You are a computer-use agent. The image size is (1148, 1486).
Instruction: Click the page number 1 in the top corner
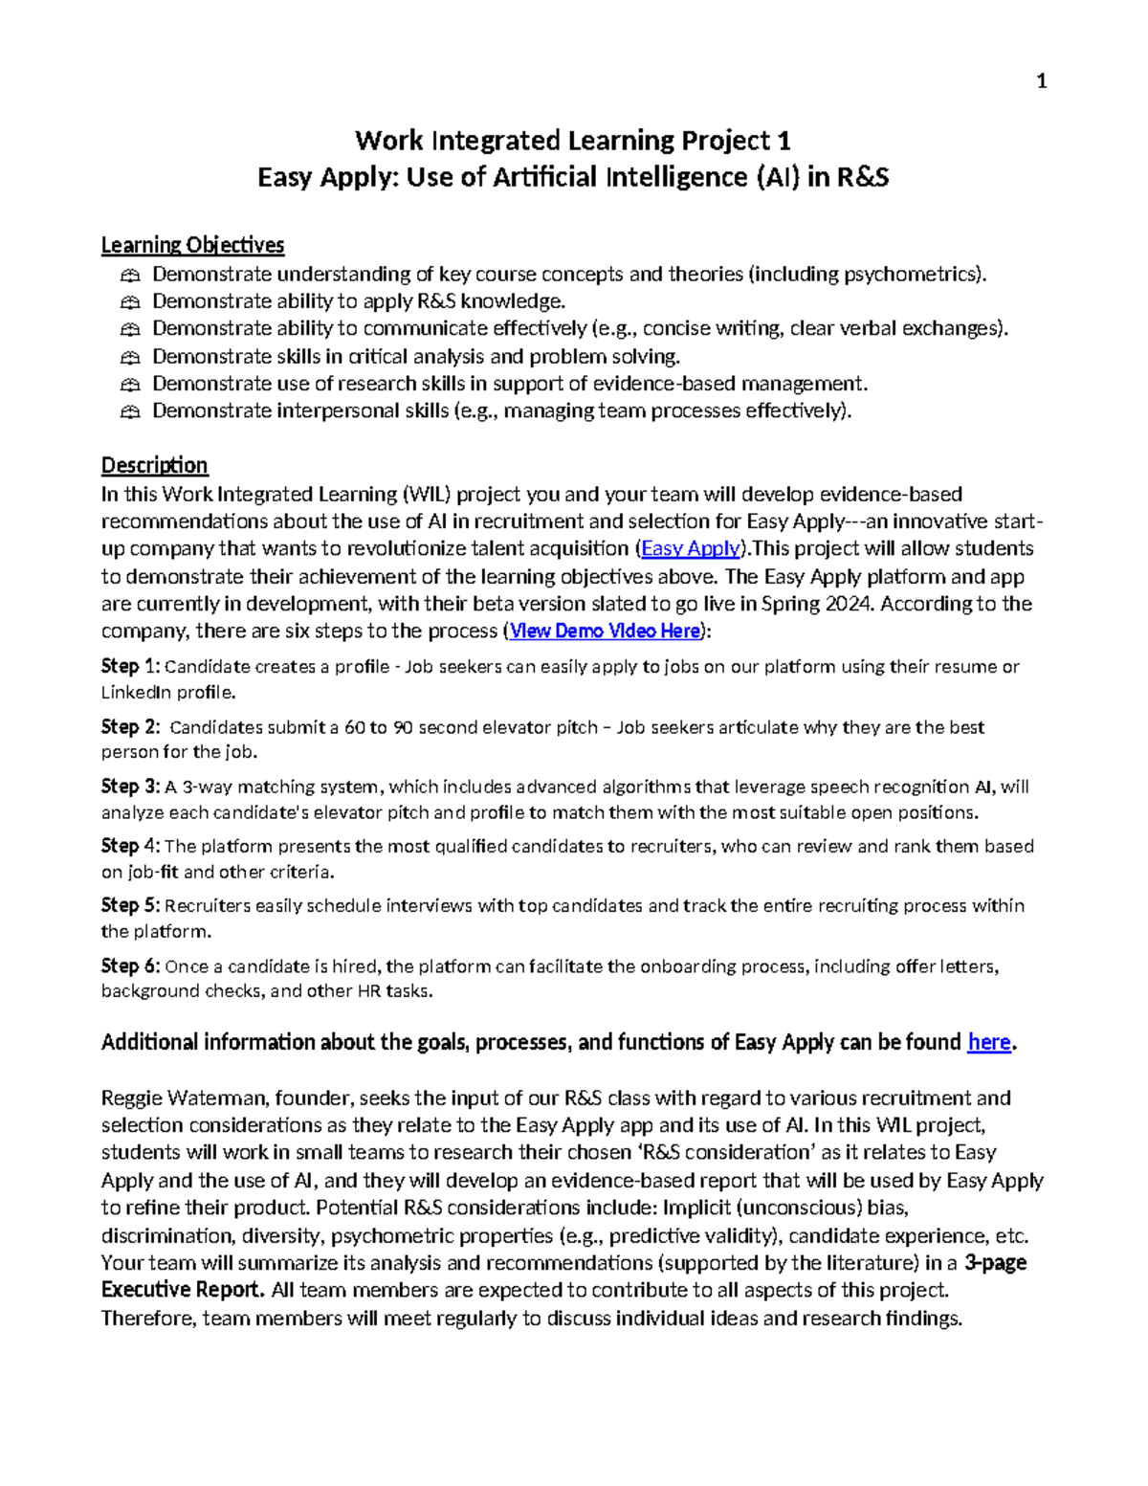tap(1042, 82)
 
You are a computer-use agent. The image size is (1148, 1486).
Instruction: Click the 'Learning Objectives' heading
tap(192, 245)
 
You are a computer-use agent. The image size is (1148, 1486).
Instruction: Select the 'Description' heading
tap(154, 465)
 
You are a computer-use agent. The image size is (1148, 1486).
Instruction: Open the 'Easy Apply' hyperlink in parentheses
tap(690, 548)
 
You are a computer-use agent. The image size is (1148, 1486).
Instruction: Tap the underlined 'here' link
tap(988, 1042)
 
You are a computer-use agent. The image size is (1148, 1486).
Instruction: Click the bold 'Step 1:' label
tap(131, 666)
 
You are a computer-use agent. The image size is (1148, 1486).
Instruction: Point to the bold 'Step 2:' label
tap(131, 726)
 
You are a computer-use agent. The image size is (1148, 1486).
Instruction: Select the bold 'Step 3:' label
tap(131, 787)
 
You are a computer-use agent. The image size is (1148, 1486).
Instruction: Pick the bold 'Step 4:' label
tap(131, 846)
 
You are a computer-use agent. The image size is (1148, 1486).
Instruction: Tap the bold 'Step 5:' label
tap(131, 905)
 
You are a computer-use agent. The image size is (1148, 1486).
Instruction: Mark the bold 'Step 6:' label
tap(131, 965)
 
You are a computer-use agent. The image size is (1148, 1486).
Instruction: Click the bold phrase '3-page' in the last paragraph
tap(996, 1262)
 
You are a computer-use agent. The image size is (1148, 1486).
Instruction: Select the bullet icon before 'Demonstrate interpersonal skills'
tap(130, 411)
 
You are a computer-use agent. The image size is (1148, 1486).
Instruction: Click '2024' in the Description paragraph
tap(852, 604)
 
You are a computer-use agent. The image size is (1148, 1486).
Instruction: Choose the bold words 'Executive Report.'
tap(183, 1290)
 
